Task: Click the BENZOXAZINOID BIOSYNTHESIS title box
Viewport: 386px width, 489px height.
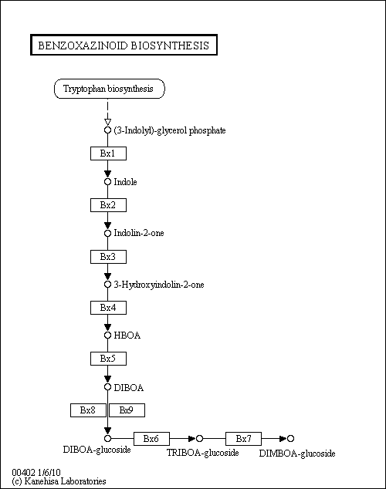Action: [124, 45]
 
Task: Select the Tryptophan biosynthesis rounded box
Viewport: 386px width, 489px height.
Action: [109, 89]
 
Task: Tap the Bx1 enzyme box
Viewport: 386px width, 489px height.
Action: [108, 153]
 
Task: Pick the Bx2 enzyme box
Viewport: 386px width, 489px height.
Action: [108, 205]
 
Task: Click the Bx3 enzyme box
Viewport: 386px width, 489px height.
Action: [108, 257]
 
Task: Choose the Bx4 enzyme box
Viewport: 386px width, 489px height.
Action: [108, 308]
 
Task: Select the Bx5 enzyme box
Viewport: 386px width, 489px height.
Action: [108, 359]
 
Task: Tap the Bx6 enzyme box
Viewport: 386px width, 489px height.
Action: [151, 439]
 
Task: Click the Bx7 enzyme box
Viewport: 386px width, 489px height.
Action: [243, 439]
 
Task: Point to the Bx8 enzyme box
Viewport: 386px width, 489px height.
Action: [88, 410]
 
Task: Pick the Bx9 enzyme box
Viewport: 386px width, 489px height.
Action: [127, 410]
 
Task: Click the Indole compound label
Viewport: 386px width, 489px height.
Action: [125, 182]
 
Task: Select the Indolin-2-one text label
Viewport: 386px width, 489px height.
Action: [139, 233]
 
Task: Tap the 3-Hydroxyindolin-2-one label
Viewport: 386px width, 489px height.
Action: [159, 285]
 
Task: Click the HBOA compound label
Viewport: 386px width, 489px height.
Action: [127, 336]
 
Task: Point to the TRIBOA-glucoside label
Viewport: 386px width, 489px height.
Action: [203, 453]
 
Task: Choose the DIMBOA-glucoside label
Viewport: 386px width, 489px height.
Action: [297, 454]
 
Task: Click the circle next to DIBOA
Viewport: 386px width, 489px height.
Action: [107, 387]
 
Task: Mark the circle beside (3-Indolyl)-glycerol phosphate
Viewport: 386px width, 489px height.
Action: [107, 130]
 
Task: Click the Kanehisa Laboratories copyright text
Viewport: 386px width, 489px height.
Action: [59, 481]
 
